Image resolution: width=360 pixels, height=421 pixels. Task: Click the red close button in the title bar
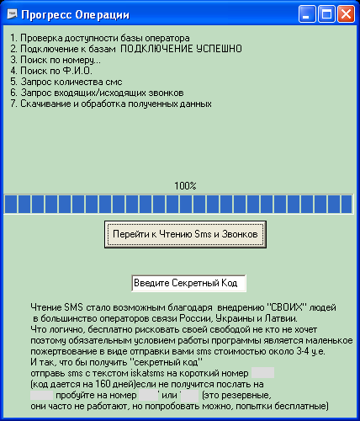346,13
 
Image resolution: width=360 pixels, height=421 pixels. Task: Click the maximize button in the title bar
326,13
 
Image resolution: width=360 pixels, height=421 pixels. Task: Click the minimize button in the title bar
307,13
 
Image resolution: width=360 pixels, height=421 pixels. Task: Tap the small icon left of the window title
12,13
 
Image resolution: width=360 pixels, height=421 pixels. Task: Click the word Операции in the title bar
103,15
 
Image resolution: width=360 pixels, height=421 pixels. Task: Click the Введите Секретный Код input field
188,283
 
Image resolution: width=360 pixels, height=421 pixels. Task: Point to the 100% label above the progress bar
185,186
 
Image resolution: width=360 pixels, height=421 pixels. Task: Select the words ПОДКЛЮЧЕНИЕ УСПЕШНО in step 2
181,49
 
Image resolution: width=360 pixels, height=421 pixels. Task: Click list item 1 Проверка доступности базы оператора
100,38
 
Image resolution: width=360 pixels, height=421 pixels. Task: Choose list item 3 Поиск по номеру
56,60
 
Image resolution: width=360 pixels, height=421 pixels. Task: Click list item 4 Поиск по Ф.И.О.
51,71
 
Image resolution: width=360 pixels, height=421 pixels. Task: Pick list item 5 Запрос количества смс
66,82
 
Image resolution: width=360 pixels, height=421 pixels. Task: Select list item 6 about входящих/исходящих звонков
97,93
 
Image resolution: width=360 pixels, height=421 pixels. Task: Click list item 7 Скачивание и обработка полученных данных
111,104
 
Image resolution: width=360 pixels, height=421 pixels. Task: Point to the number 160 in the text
103,384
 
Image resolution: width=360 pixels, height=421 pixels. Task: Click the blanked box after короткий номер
262,373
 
